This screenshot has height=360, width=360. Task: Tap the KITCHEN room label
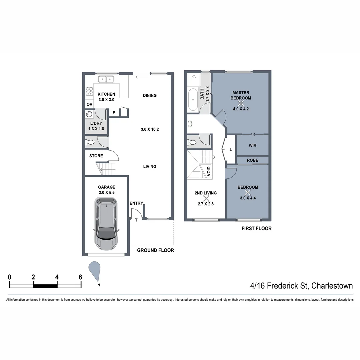(106, 94)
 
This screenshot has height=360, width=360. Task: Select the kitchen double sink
(106, 79)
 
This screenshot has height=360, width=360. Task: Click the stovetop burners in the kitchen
(89, 91)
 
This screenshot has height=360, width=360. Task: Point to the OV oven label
(89, 104)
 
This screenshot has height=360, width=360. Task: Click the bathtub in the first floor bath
(193, 100)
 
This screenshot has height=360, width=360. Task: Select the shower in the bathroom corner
(193, 79)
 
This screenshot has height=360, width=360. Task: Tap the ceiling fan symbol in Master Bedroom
(242, 103)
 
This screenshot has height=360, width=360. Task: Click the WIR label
(252, 146)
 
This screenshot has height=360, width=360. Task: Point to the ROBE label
(252, 160)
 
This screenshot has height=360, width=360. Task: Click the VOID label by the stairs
(209, 171)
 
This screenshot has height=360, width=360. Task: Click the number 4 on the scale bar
(57, 277)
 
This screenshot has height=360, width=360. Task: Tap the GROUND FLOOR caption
(156, 250)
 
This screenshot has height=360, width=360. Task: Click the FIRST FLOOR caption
(256, 229)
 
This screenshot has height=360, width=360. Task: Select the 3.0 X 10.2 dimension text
(149, 129)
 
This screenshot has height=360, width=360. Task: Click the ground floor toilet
(91, 143)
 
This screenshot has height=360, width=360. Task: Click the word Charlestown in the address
(332, 286)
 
